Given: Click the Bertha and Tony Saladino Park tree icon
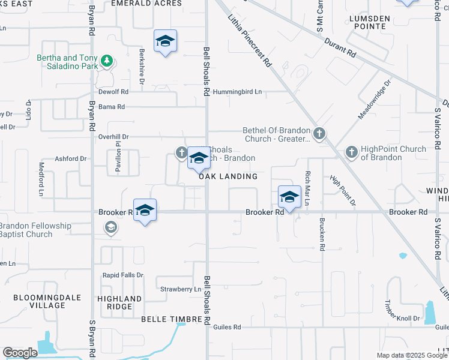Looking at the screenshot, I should point(107,60).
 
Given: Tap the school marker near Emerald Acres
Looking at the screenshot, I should point(165,41).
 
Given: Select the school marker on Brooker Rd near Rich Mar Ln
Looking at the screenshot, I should point(289,197).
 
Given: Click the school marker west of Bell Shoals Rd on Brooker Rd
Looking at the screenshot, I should point(145,211).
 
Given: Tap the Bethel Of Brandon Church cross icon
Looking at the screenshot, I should point(319,133).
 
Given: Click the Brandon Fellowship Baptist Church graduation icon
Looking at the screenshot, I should point(110,227).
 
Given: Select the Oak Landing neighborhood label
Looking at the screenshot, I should point(228,176).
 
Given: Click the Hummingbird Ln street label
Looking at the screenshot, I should point(240,92).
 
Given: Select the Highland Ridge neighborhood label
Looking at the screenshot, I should point(119,302).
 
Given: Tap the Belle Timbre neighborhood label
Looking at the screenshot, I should point(169,319).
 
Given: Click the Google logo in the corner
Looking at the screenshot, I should point(19,353).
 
